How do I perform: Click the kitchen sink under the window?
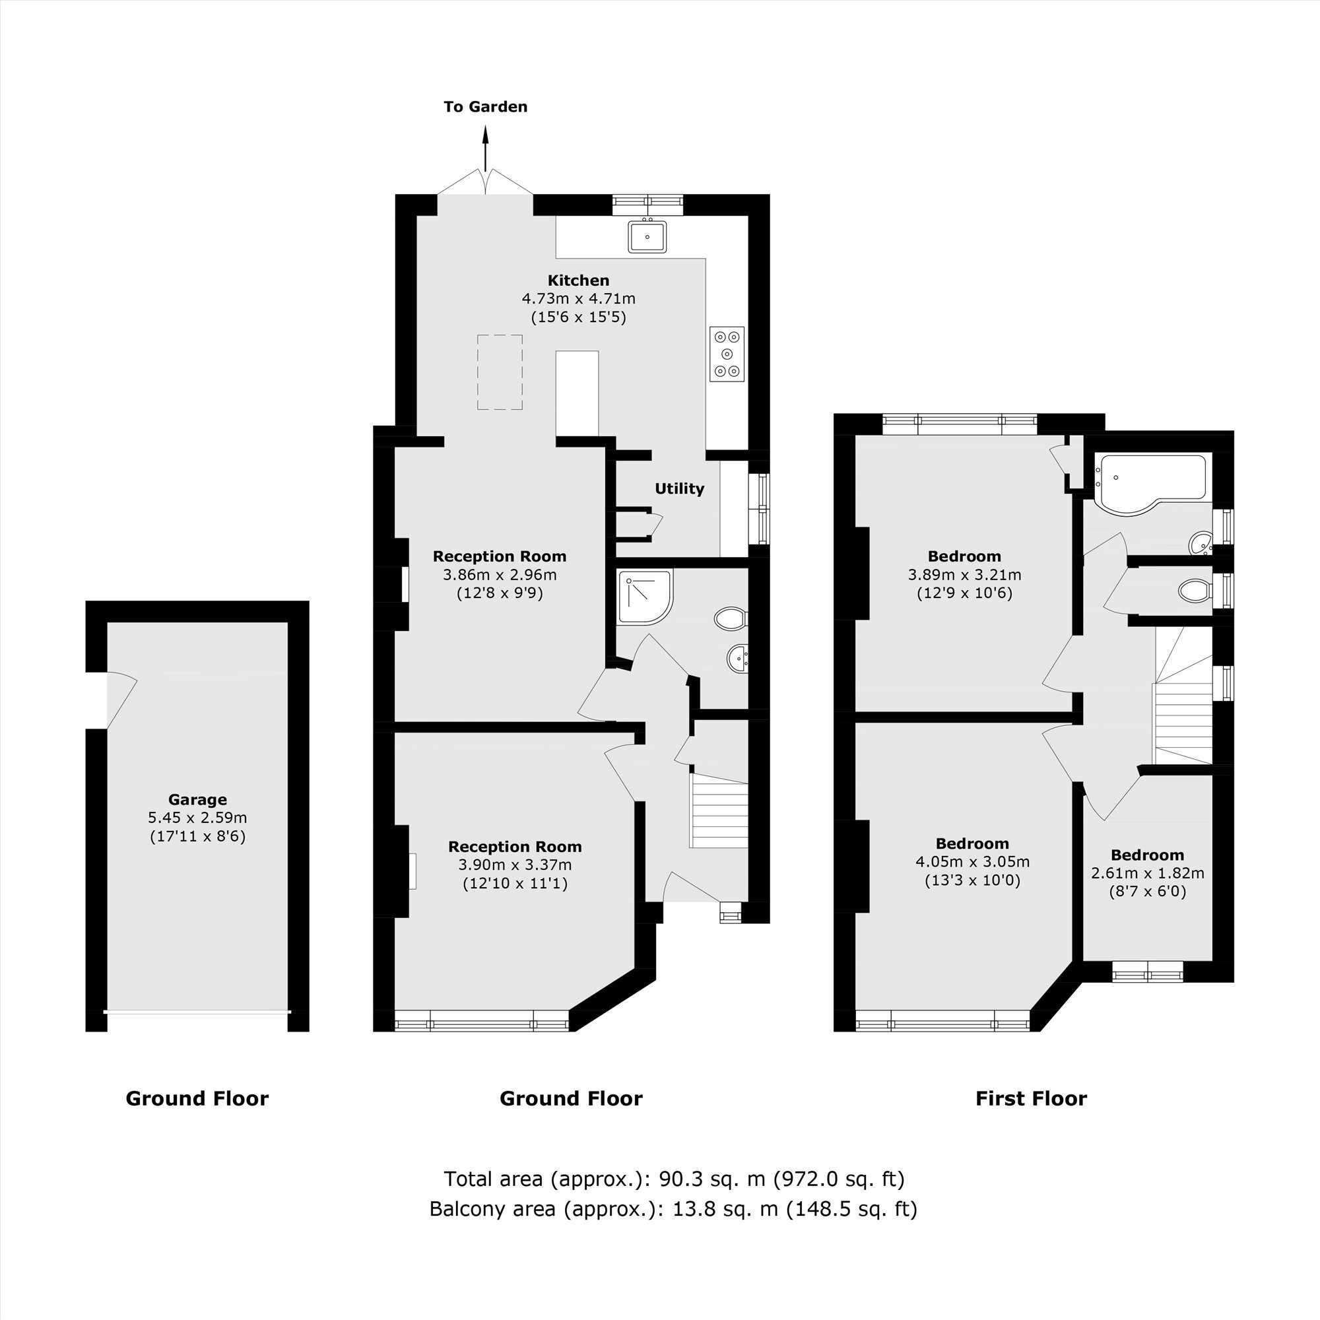coord(647,236)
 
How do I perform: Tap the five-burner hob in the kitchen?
coord(727,354)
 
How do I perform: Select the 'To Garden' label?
coord(486,106)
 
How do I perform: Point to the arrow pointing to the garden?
coord(486,148)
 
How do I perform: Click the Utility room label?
coord(679,488)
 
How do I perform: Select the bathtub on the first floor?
coord(1150,481)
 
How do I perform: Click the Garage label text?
coord(197,799)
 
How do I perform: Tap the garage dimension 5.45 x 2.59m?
coord(197,818)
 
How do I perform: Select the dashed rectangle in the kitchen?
coord(500,372)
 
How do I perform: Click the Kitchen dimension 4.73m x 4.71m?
coord(579,298)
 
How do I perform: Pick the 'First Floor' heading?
coord(1031,1099)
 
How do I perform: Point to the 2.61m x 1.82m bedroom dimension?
coord(1148,873)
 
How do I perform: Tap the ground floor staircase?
coord(719,811)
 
